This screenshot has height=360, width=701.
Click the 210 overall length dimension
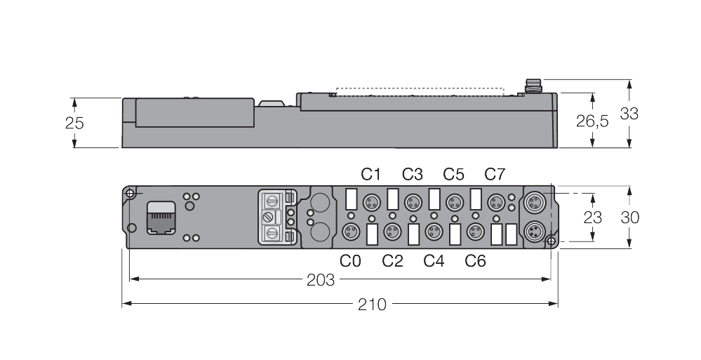(x=373, y=305)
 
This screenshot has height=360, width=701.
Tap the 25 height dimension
(x=74, y=123)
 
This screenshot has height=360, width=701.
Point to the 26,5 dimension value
(x=593, y=121)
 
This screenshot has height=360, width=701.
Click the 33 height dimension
(x=629, y=113)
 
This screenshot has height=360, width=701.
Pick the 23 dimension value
(x=593, y=217)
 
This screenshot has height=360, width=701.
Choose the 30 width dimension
(x=629, y=218)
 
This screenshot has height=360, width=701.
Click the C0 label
(x=351, y=261)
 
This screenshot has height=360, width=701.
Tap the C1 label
(x=371, y=173)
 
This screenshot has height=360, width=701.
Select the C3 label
(x=413, y=173)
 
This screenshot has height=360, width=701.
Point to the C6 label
(x=476, y=261)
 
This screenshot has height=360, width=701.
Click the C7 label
(x=495, y=173)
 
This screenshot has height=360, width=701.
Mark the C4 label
(x=434, y=261)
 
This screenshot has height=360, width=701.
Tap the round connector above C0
(x=350, y=231)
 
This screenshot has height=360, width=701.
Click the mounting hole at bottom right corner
(x=551, y=242)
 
